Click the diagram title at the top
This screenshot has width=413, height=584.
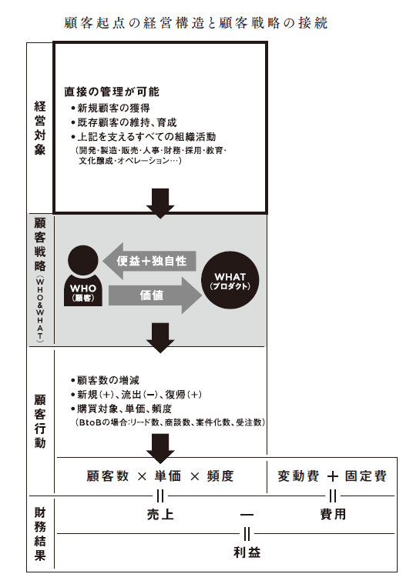tap(196, 23)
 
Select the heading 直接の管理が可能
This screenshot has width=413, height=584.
tap(112, 92)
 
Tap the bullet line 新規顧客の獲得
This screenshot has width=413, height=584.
tap(110, 108)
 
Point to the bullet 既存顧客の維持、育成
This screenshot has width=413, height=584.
tap(123, 122)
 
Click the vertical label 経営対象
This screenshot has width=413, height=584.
tap(40, 128)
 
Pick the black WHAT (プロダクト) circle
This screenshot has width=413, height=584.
tap(230, 280)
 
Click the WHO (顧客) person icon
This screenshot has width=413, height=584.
tap(83, 275)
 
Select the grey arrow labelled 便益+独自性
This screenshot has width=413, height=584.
tap(149, 261)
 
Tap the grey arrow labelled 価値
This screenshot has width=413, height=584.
tap(155, 295)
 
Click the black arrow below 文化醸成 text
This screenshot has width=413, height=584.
tap(160, 203)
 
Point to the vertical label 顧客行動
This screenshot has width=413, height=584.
tap(40, 421)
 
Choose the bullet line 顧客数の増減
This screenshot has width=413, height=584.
tap(105, 380)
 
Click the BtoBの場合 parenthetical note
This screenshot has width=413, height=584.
tap(170, 422)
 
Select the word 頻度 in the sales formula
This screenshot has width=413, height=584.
tap(220, 476)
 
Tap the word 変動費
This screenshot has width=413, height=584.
tap(298, 476)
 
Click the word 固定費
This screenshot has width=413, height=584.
tap(366, 476)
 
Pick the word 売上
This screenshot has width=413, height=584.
tap(160, 514)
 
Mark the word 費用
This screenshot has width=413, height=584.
tap(333, 514)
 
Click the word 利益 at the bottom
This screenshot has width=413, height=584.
tap(247, 552)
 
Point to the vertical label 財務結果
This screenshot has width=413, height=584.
tap(40, 534)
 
